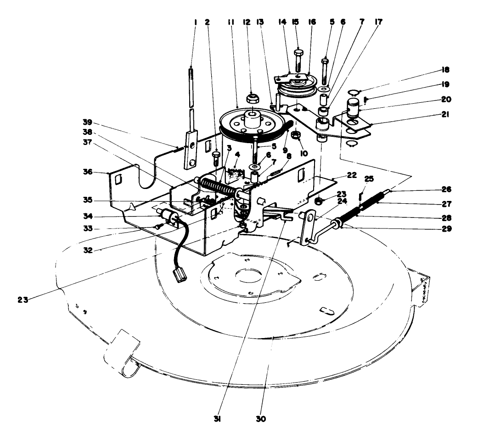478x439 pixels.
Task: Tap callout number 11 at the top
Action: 230,21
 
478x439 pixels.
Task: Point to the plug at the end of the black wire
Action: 180,276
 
